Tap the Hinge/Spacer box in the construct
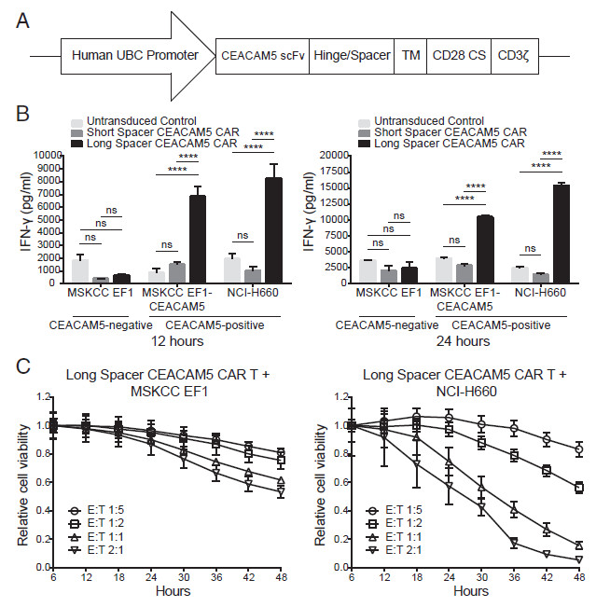(x=351, y=54)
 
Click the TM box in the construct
(x=410, y=54)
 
